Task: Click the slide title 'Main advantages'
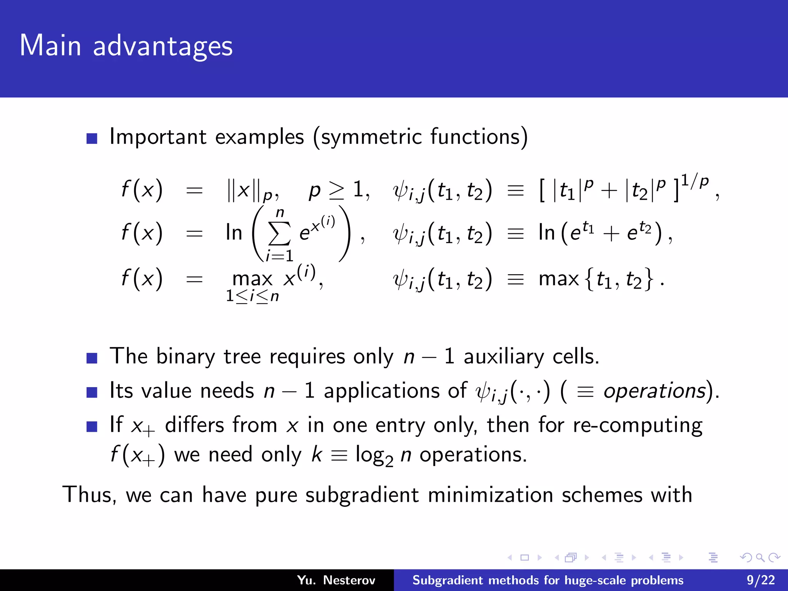coord(126,46)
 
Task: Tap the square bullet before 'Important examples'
coord(92,139)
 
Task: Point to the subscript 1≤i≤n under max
coord(252,296)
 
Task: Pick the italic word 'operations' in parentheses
coord(654,391)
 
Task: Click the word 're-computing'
coord(638,426)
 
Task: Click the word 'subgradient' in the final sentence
coord(362,495)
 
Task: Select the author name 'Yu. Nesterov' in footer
coord(336,580)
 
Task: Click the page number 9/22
coord(761,580)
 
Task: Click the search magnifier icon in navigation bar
coord(760,558)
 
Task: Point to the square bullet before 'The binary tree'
coord(92,358)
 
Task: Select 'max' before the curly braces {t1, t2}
coord(559,279)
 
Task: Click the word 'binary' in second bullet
coord(185,356)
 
